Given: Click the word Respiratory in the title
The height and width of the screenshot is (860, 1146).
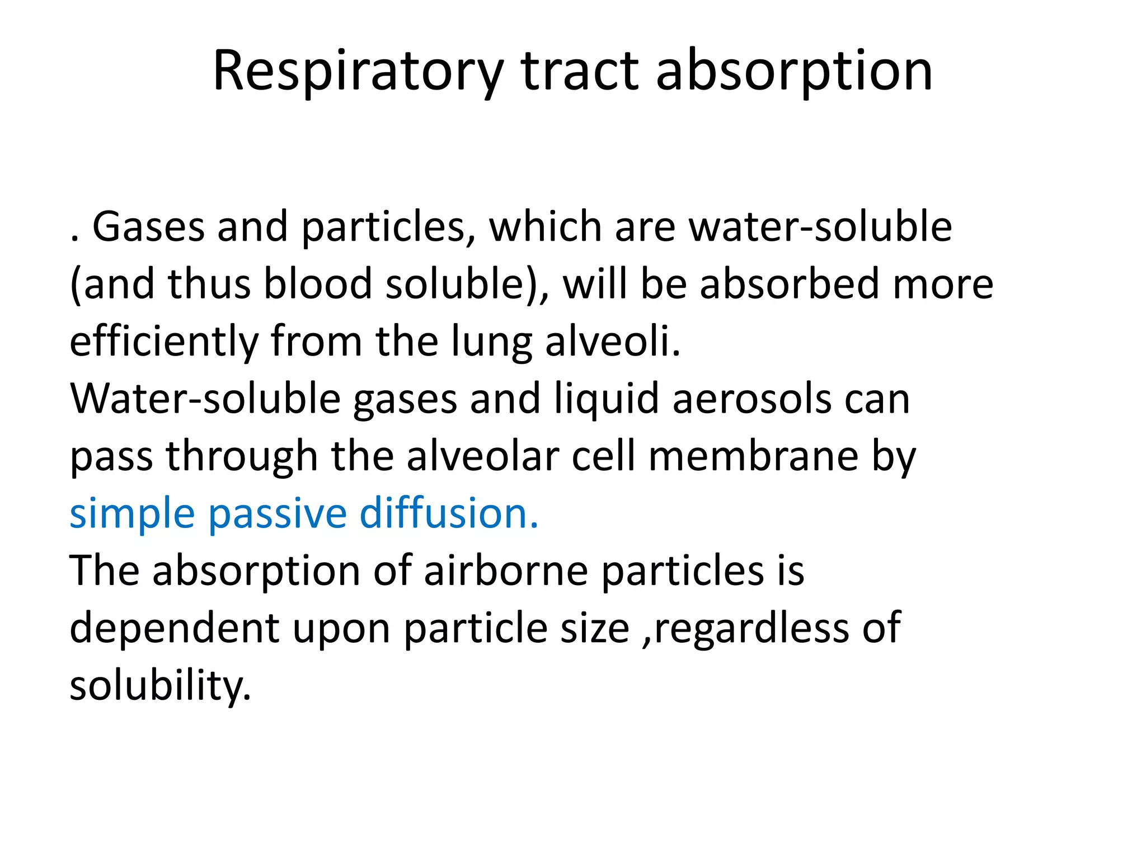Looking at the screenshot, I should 358,72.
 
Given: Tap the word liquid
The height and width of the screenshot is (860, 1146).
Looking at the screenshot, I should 606,400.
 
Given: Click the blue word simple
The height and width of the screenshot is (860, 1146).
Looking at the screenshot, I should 132,514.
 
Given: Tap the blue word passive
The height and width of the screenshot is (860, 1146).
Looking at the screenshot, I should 278,514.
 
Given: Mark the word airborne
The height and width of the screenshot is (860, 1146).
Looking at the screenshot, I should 505,571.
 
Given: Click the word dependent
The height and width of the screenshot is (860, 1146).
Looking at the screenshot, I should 174,628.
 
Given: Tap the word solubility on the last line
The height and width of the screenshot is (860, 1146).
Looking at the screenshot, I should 160,686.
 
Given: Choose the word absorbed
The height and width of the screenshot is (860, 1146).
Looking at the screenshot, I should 788,283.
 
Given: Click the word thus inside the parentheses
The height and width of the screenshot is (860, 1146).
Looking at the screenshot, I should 209,283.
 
